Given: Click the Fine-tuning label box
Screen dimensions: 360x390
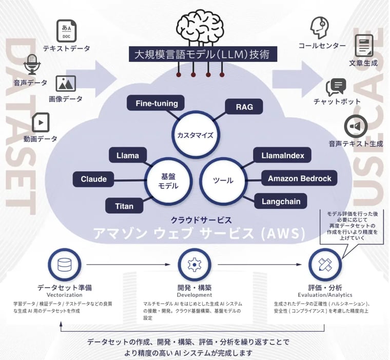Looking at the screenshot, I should tap(157, 104).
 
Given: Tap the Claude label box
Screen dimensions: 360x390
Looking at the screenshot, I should tap(94, 179).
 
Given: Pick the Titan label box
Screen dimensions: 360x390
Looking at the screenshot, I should tap(124, 206).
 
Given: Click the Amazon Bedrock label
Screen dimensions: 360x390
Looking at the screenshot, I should tap(299, 178).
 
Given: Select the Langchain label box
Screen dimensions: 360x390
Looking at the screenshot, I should tap(281, 201).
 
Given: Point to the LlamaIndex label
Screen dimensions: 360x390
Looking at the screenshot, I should tap(282, 155).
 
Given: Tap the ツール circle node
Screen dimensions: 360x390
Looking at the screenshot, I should tap(223, 180).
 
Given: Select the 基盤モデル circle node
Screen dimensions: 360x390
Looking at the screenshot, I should tap(167, 180).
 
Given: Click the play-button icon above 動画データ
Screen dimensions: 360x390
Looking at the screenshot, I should tap(40, 123).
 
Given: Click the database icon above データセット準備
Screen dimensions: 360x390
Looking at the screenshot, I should tap(65, 265).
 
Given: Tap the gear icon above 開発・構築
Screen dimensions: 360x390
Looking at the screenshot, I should tap(194, 265).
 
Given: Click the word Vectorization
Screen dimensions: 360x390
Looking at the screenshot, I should tap(64, 295).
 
